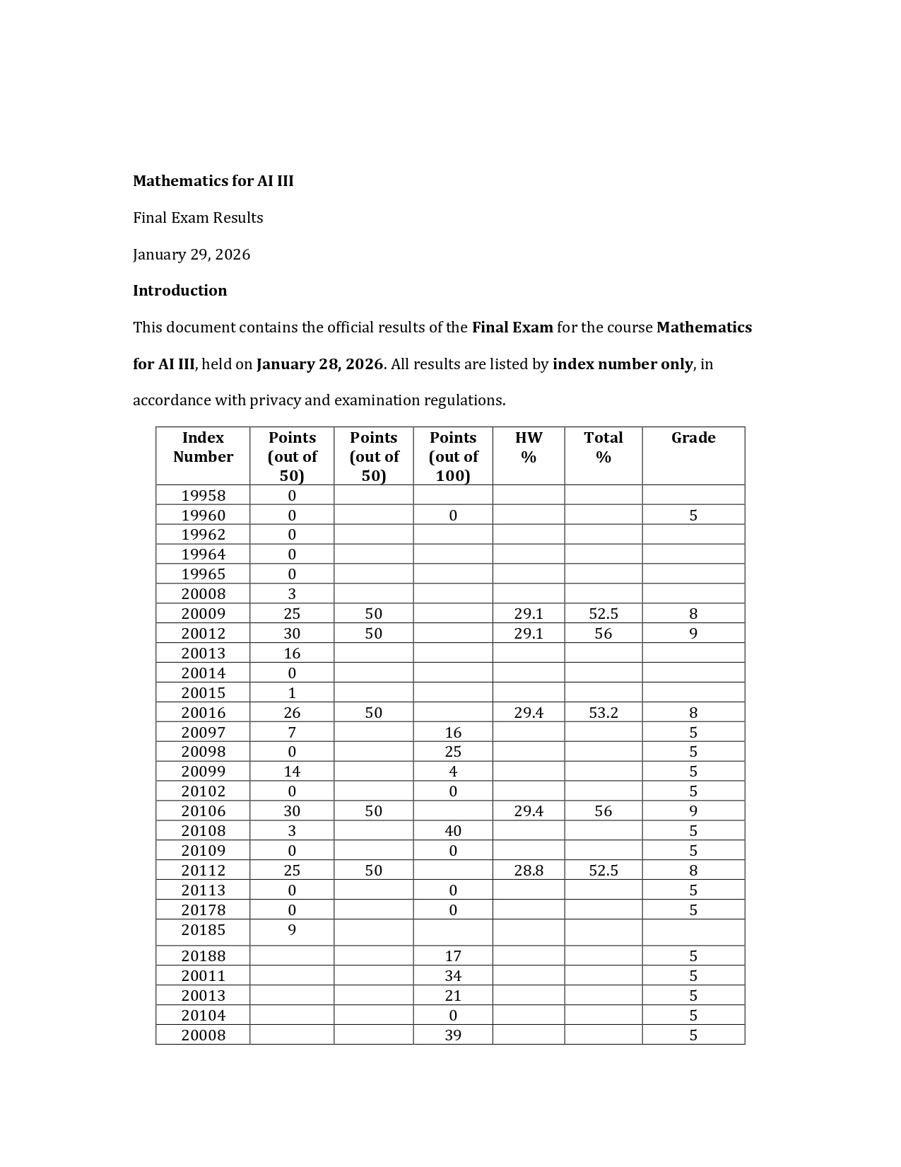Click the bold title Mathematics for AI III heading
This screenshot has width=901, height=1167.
pos(213,181)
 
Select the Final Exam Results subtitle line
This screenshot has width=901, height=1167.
pos(198,218)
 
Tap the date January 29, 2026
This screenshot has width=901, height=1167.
pos(192,255)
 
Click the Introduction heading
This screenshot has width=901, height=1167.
pos(179,291)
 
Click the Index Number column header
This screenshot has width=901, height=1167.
pos(203,447)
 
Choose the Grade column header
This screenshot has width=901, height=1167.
pos(693,438)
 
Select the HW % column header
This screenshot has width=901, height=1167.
pos(528,447)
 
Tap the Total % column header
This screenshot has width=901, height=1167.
pos(603,447)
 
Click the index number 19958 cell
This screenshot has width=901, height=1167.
pos(203,495)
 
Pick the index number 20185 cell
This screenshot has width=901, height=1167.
pos(203,930)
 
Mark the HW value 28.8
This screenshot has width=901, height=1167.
pos(528,871)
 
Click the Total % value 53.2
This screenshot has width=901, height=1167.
pos(603,713)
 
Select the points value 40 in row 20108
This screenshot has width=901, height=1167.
pos(452,831)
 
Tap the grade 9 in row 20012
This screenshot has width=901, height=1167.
pos(693,634)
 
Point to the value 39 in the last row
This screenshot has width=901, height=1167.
pos(452,1035)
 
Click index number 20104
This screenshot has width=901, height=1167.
pos(203,1016)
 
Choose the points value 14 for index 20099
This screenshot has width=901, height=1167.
pos(291,772)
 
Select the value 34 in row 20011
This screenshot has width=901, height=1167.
pos(452,976)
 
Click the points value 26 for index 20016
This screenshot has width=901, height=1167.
pos(291,713)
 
